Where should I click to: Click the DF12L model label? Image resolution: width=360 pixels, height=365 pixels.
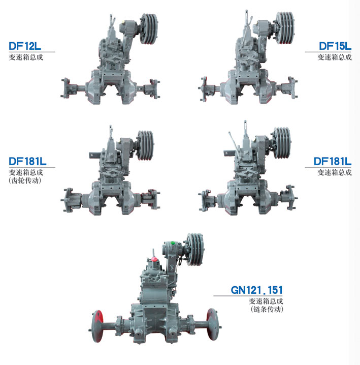click(x=25, y=46)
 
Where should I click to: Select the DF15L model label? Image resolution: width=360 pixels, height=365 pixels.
click(x=335, y=46)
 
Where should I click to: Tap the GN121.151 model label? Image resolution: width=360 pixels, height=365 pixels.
click(x=257, y=290)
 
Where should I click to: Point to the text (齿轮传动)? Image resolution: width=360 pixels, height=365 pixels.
click(x=25, y=180)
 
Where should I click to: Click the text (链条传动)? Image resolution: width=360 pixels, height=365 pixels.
click(x=267, y=310)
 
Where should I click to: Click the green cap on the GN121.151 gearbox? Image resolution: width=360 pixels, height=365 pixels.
click(x=173, y=244)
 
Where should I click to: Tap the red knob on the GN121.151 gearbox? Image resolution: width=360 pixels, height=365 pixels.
click(x=154, y=259)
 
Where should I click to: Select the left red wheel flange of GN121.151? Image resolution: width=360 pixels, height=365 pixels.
click(x=97, y=326)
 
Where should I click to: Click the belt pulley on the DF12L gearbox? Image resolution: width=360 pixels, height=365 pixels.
click(x=149, y=28)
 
